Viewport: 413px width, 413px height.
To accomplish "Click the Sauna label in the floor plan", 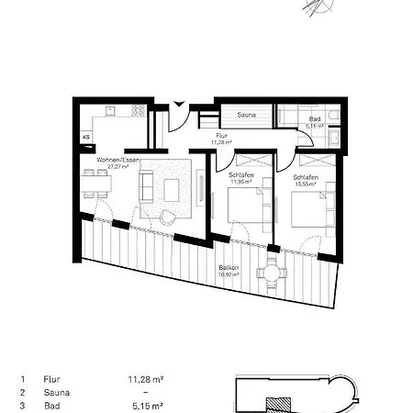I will click(246, 116).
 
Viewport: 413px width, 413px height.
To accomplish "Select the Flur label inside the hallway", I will click(220, 136).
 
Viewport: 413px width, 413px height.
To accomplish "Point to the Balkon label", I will click(228, 267).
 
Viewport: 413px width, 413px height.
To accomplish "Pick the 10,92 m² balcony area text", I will click(229, 274).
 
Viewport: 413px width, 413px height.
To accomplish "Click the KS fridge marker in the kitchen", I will click(87, 137).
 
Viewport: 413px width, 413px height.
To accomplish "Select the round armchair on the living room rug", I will click(168, 217).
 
